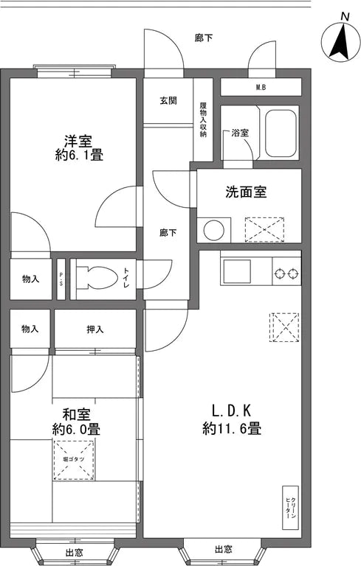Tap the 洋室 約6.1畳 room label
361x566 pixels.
[78, 147]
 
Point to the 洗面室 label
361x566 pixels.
[245, 192]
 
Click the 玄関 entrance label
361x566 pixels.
[168, 100]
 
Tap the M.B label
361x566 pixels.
[261, 88]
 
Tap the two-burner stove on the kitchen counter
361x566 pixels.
[286, 274]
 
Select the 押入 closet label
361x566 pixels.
[95, 328]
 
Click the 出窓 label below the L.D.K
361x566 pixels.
[222, 550]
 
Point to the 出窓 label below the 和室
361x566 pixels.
[73, 553]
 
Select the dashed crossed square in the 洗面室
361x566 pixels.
[264, 229]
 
